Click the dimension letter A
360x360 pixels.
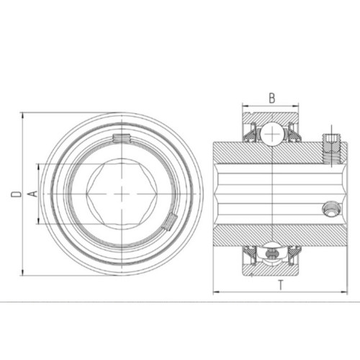click(34, 194)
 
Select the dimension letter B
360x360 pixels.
click(271, 98)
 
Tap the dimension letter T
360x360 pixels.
click(281, 285)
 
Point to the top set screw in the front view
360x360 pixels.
click(122, 138)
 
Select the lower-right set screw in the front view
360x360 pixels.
click(170, 222)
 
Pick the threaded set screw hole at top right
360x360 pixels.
click(331, 149)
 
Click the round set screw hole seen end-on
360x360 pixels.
click(331, 210)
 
